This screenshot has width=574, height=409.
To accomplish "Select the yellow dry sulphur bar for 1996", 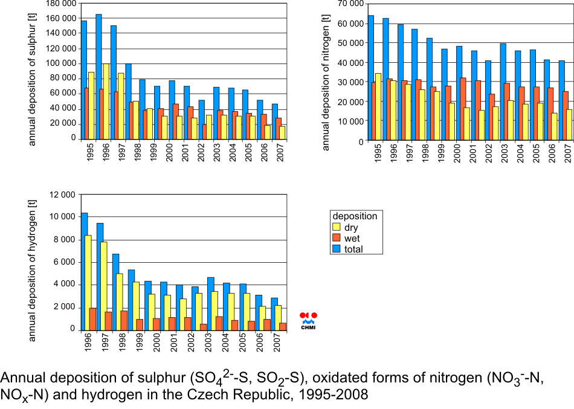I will point(106,100).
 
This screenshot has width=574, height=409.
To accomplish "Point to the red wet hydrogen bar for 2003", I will point(204,327).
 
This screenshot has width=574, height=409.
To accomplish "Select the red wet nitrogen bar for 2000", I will point(463,109).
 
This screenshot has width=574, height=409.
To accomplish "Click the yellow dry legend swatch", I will point(336,228).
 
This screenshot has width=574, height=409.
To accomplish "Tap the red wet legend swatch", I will point(336,238).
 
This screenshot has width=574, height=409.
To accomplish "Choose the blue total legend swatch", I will point(336,248).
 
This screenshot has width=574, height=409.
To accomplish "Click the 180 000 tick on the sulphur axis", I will point(61,4).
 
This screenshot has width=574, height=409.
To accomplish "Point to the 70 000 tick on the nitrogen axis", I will point(351,4).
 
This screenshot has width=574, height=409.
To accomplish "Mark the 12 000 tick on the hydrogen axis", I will point(61,195).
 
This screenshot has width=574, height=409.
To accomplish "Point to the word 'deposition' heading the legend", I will point(355,216).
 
